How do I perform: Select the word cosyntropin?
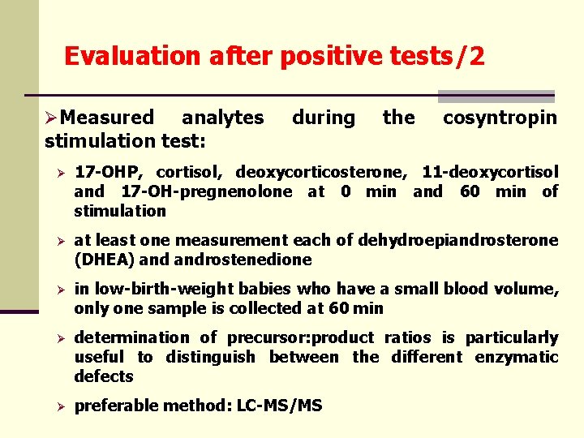[500, 118]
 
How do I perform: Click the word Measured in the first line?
[107, 118]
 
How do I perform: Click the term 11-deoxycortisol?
[490, 172]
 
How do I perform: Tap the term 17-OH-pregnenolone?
[206, 191]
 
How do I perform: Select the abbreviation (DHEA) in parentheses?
[101, 260]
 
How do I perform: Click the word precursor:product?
[299, 337]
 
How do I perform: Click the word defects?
[103, 376]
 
